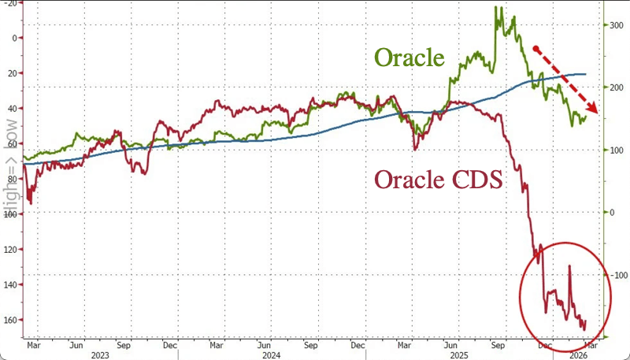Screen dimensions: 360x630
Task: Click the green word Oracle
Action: [x=409, y=58]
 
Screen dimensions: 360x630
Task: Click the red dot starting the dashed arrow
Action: [x=536, y=49]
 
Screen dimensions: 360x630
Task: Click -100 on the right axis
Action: [x=616, y=274]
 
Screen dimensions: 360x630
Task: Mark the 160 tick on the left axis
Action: [x=11, y=320]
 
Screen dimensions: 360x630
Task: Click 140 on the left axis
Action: [x=11, y=284]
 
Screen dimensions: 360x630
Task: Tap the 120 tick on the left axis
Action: [x=11, y=250]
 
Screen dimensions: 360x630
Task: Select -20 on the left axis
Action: [x=11, y=2]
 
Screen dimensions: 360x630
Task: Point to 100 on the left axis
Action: [x=11, y=214]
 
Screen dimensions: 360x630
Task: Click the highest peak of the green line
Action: [x=496, y=7]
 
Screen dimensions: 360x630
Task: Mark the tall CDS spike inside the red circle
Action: [x=569, y=267]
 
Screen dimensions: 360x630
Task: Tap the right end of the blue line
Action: [x=586, y=74]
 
